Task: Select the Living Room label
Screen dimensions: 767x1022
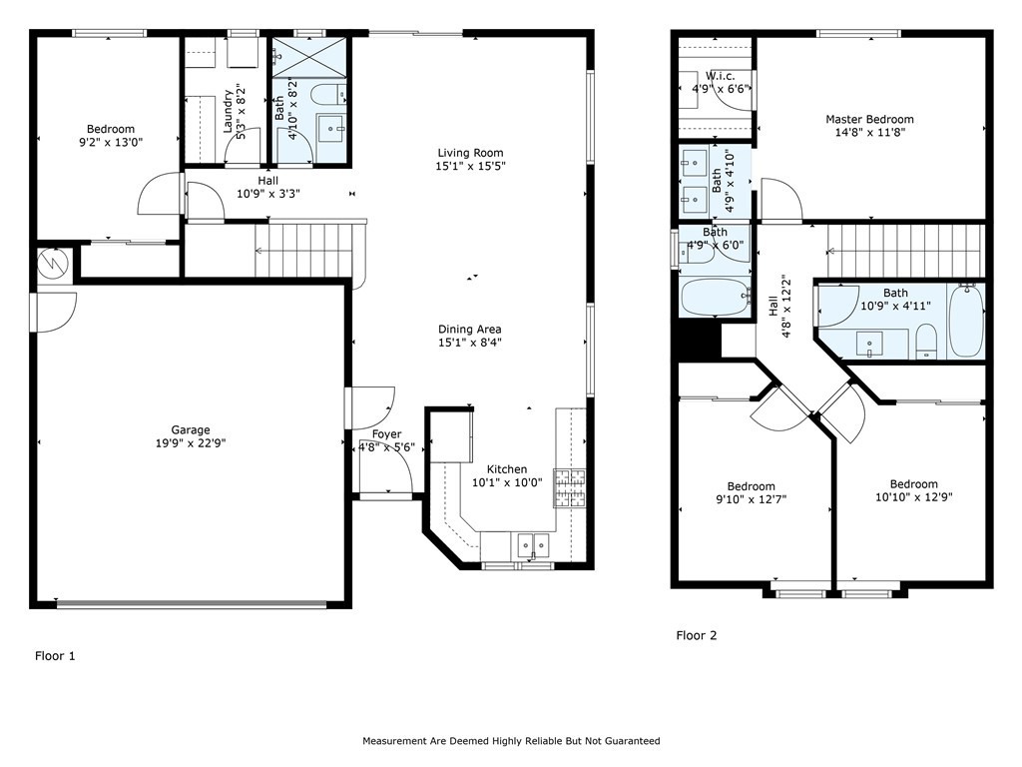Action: click(x=469, y=153)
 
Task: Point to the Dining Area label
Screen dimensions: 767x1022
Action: click(x=469, y=330)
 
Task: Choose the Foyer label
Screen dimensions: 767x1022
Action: click(x=387, y=434)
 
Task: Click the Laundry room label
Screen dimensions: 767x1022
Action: click(x=228, y=113)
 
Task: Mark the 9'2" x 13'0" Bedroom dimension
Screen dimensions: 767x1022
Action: click(x=110, y=142)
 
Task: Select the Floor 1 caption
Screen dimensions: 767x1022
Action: click(x=55, y=656)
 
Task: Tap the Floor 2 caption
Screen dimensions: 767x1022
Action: click(x=696, y=635)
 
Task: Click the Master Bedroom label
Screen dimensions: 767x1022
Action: click(x=868, y=119)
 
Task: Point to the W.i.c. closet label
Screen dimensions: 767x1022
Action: click(x=721, y=76)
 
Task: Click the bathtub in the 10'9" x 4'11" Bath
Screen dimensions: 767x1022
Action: click(x=965, y=321)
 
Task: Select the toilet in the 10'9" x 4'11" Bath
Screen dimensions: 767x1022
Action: click(x=925, y=341)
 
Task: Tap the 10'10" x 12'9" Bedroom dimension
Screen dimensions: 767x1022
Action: click(x=913, y=496)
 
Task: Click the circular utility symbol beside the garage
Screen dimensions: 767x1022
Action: click(x=50, y=263)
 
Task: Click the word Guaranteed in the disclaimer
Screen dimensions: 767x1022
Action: click(x=626, y=741)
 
